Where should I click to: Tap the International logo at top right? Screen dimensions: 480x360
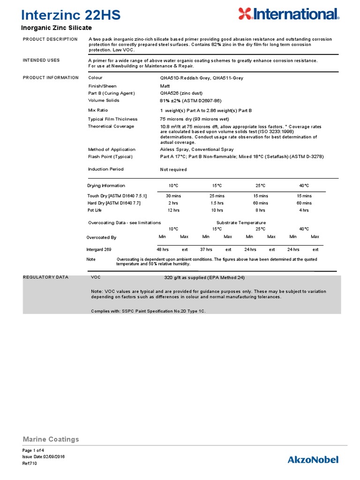point(288,14)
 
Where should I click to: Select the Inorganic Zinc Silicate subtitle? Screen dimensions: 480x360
point(57,28)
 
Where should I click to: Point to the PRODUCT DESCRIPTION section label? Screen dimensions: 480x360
point(50,39)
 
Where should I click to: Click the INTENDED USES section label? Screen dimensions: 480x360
point(41,60)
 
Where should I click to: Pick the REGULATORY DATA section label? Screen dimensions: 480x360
point(45,277)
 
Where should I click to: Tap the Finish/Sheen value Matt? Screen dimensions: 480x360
point(165,86)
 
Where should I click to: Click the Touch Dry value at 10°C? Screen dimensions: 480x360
point(173,196)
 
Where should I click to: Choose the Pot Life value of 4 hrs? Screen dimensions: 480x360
point(304,210)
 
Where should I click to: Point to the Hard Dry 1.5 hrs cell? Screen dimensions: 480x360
point(217,203)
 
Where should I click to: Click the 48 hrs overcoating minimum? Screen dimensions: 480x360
point(163,249)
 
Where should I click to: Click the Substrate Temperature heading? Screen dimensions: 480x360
point(241,223)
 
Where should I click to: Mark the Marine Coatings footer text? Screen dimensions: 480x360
point(51,439)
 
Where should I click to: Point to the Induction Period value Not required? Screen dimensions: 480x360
point(173,170)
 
